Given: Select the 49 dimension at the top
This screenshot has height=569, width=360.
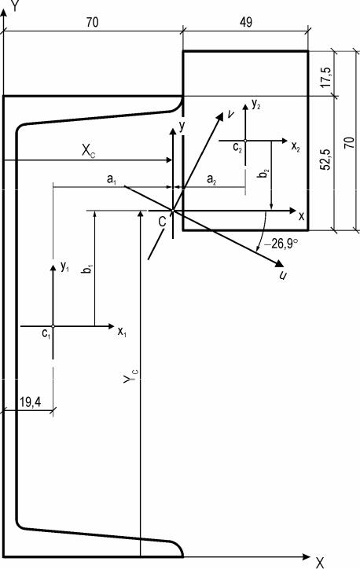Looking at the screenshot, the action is coord(246,23).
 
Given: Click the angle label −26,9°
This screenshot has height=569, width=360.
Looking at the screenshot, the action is coord(281,243).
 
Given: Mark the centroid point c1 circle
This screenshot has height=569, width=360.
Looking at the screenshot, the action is coord(53,327).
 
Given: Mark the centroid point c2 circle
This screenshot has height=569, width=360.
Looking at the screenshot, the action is coord(245,141).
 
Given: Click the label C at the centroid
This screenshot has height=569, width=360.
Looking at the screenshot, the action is coord(162,222).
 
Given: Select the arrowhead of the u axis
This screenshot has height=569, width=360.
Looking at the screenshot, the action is coord(280,264).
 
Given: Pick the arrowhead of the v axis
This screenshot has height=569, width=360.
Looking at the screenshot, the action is coord(220,116).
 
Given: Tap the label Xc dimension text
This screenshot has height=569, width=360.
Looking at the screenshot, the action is coord(88,151).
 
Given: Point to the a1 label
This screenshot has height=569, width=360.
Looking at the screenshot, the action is coord(111,179).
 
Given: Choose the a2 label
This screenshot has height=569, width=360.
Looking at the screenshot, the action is coord(211,179).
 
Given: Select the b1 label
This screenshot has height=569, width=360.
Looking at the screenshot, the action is coord(88,269).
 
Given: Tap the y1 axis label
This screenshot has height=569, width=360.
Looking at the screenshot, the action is coord(64,267).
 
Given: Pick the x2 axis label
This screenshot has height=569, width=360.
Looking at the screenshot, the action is coord(296,147).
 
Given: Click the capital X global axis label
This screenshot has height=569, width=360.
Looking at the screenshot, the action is coord(319,563).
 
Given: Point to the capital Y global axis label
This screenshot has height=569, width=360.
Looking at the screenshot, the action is coord(15,6).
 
